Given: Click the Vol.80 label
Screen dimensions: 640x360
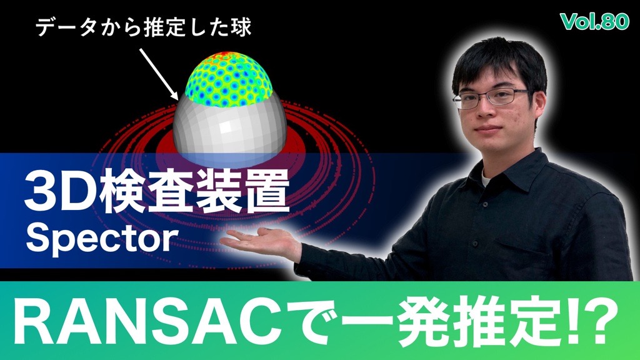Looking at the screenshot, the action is tap(595, 21).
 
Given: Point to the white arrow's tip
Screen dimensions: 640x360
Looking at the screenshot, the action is tap(178, 99).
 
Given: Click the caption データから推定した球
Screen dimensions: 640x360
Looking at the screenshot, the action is tap(143, 27).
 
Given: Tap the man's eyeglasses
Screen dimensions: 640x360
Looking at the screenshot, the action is tap(492, 99).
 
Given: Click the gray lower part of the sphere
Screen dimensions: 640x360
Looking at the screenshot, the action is tap(229, 131).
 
